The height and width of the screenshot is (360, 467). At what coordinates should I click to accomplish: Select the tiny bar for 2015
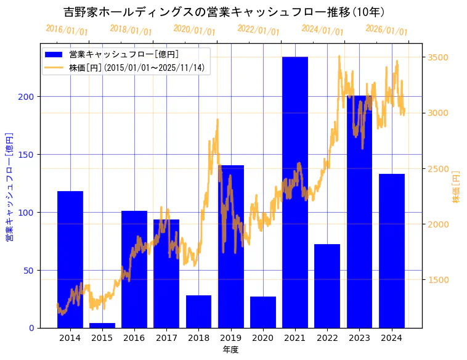(x=102, y=325)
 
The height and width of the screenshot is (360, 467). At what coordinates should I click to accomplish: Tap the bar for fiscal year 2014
(x=70, y=260)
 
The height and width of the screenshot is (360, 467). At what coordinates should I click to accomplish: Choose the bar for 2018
(x=198, y=311)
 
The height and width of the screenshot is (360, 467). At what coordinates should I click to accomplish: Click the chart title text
(x=224, y=12)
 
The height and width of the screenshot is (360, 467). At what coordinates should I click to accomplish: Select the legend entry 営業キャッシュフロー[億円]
(x=124, y=54)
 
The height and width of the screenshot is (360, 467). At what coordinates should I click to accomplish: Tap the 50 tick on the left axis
(x=30, y=271)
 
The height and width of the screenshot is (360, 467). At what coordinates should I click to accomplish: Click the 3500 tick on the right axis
(x=437, y=58)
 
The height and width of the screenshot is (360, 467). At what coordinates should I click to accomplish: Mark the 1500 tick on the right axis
(x=437, y=280)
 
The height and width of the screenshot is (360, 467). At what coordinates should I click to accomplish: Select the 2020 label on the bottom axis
(x=262, y=338)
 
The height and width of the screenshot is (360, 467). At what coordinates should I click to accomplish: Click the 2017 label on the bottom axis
(x=166, y=338)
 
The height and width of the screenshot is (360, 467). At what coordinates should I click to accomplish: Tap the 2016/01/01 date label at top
(x=67, y=30)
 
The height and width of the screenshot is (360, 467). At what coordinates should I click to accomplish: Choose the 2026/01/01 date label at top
(x=386, y=30)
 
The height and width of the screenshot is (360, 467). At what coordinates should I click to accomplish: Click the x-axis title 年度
(x=230, y=350)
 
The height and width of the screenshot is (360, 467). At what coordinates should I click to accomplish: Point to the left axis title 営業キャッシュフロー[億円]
(x=9, y=186)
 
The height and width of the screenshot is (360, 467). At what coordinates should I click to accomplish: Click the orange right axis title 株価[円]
(x=457, y=187)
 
